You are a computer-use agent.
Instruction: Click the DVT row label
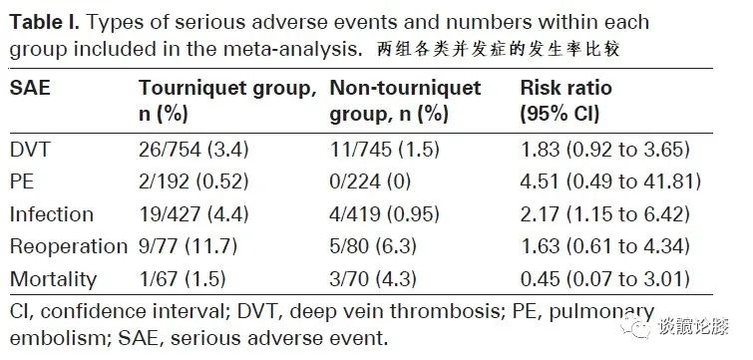[x=30, y=150]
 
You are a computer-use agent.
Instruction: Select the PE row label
[x=22, y=181]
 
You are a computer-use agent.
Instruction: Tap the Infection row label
[x=52, y=214]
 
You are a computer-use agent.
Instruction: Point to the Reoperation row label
[x=69, y=246]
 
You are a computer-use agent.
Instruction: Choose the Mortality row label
[x=53, y=279]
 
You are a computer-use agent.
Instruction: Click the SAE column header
[x=30, y=88]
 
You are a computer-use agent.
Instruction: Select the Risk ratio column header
[x=566, y=102]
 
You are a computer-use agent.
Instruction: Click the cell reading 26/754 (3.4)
[x=193, y=150]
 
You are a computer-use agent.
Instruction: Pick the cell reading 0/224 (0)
[x=370, y=181]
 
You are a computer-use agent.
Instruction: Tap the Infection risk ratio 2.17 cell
[x=605, y=214]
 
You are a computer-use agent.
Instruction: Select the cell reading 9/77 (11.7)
[x=188, y=246]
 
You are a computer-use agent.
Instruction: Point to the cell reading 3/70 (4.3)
[x=373, y=279]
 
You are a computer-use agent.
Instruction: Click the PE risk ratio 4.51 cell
[x=610, y=181]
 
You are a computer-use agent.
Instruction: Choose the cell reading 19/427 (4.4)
[x=193, y=214]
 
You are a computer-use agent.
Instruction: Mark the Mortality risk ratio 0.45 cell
[x=605, y=279]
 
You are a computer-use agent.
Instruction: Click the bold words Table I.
[x=44, y=23]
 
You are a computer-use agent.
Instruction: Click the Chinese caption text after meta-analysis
[x=498, y=50]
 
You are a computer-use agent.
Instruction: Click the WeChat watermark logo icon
[x=635, y=326]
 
